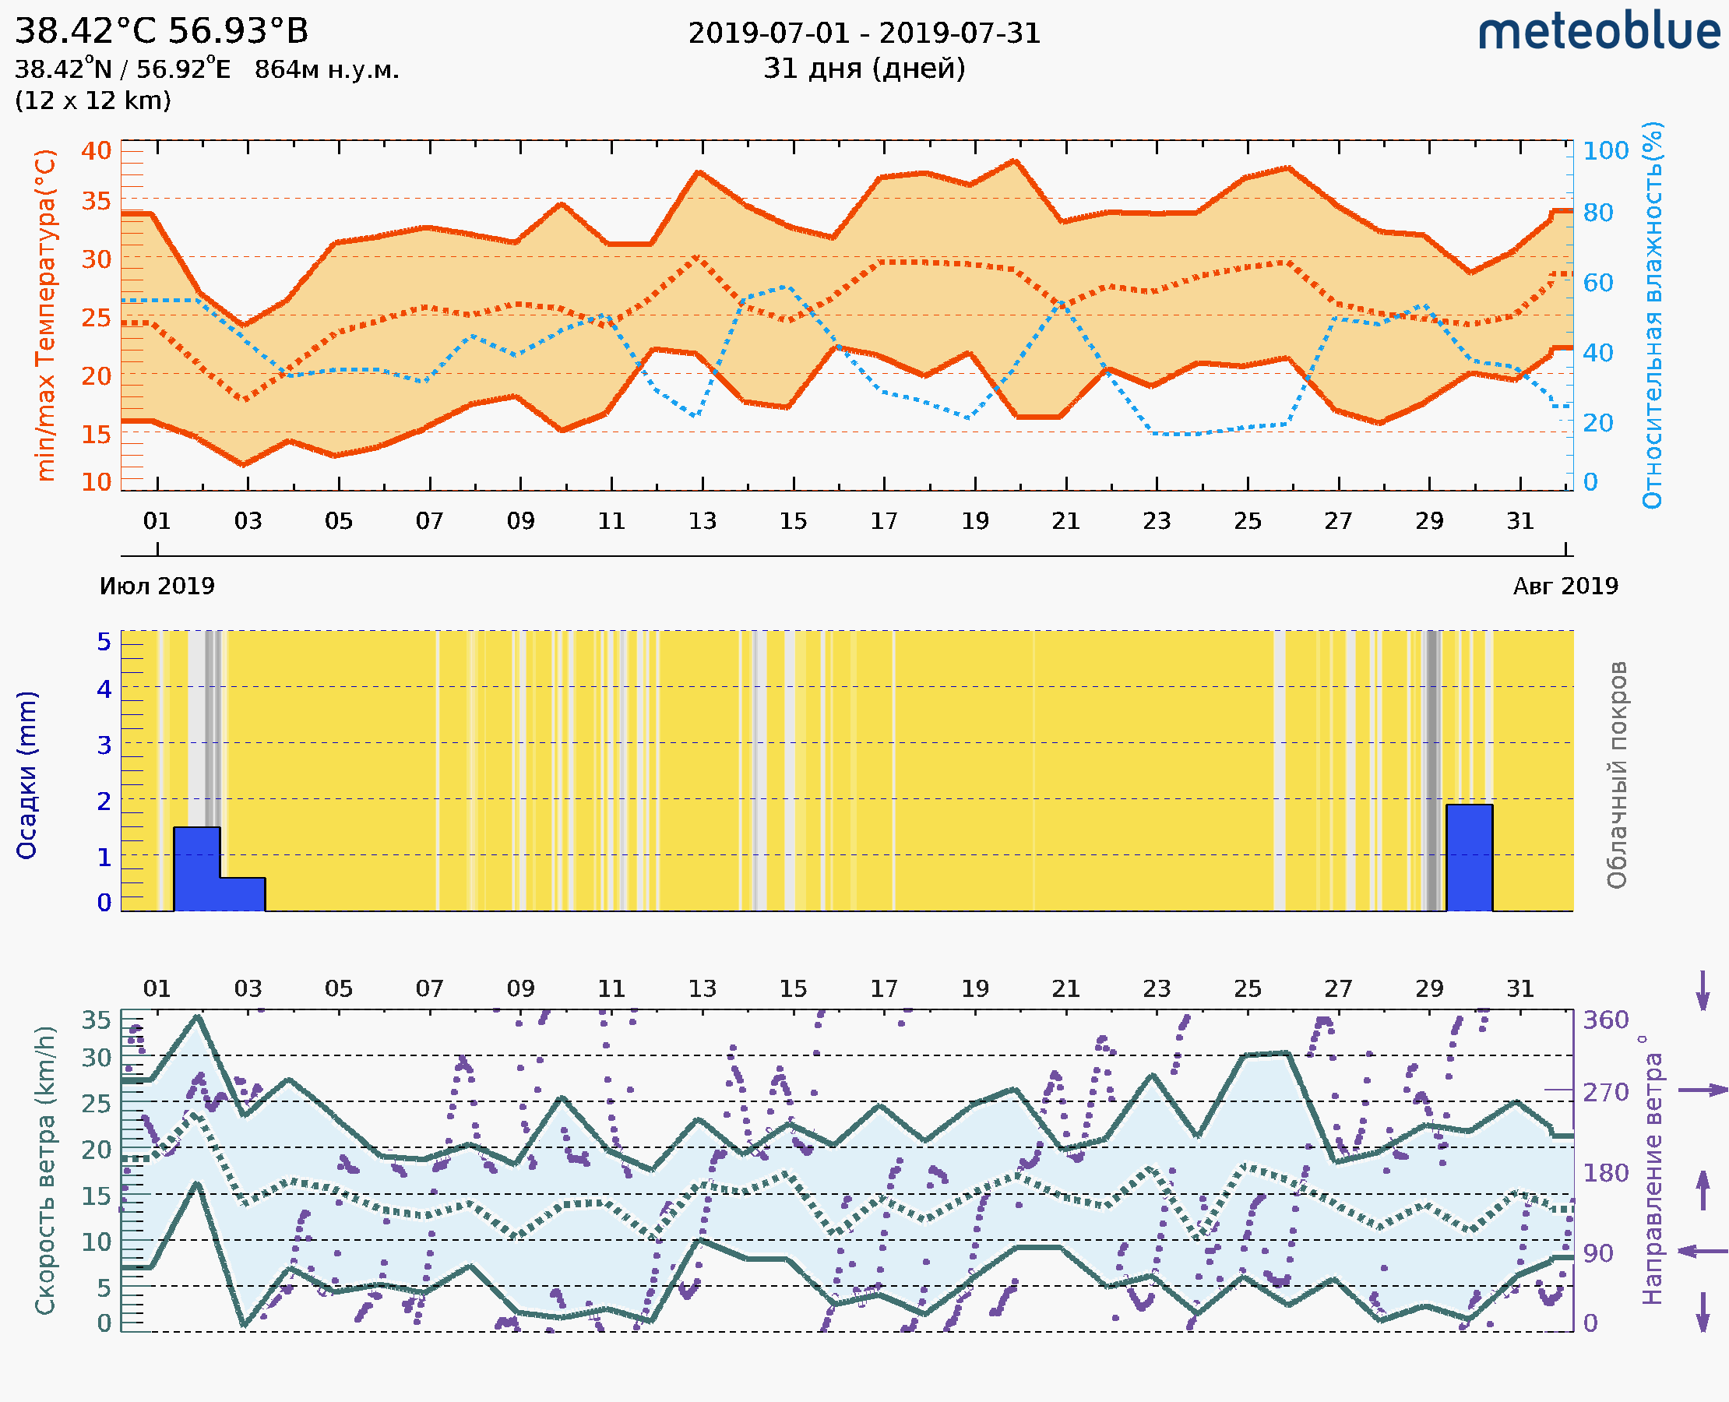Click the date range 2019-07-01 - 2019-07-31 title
[864, 33]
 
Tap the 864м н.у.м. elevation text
[326, 69]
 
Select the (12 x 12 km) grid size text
[93, 100]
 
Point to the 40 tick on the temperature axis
[96, 151]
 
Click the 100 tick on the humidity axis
[1605, 151]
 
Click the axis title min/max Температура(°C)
[46, 315]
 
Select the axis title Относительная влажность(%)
[1652, 315]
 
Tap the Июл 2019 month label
[157, 586]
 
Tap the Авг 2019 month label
[1565, 586]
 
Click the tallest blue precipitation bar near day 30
[1469, 857]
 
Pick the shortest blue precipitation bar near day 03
[242, 894]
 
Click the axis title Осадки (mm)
[26, 775]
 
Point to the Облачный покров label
[1617, 775]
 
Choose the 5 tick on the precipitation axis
[104, 642]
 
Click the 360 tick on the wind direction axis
[1605, 1020]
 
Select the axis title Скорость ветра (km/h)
[46, 1171]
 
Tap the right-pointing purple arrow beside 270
[1703, 1090]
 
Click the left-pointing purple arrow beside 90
[1703, 1251]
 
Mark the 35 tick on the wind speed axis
[96, 1020]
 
